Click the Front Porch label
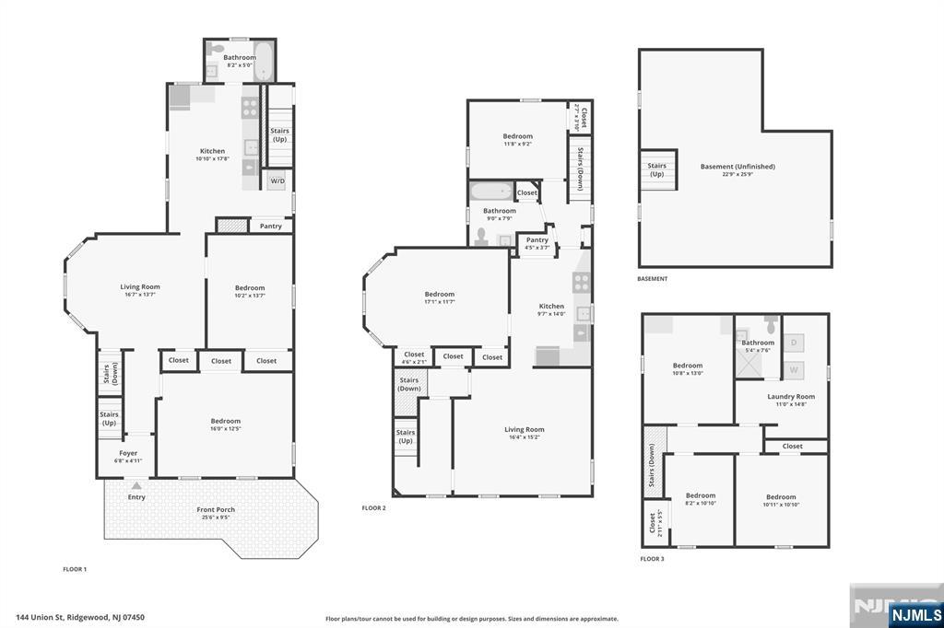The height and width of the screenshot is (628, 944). (x=216, y=509)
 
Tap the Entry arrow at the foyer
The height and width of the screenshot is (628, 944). (x=136, y=485)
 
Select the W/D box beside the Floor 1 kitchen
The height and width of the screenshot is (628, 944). (x=277, y=181)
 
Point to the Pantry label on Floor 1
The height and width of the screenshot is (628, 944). (x=270, y=226)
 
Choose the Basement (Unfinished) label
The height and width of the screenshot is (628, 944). (x=737, y=167)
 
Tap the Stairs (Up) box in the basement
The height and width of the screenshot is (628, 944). (x=657, y=169)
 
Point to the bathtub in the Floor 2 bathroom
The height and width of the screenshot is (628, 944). (x=490, y=192)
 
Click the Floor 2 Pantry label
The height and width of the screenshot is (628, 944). (x=537, y=240)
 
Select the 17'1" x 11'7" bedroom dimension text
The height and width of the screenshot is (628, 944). (x=439, y=302)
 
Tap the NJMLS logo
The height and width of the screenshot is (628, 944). (x=915, y=614)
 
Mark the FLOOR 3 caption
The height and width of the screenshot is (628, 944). (x=652, y=558)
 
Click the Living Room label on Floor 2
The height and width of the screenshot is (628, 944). (x=524, y=429)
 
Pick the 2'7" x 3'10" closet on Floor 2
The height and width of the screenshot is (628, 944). (x=580, y=117)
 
